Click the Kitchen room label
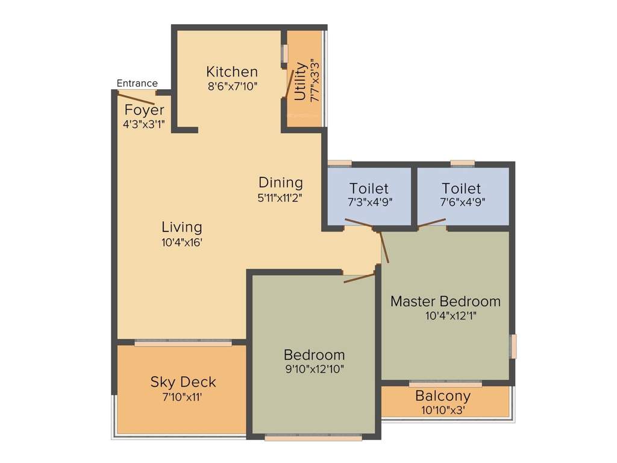232,72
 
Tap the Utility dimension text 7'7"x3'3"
313,80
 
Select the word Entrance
137,83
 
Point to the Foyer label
144,110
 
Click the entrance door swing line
138,100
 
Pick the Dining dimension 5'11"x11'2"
280,197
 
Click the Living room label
181,227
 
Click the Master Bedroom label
445,301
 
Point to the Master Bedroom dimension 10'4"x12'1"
445,315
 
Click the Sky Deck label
183,382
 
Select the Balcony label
443,397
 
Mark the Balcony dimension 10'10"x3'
443,410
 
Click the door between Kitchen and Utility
289,84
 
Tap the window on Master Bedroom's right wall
513,346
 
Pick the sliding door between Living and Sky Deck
183,343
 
